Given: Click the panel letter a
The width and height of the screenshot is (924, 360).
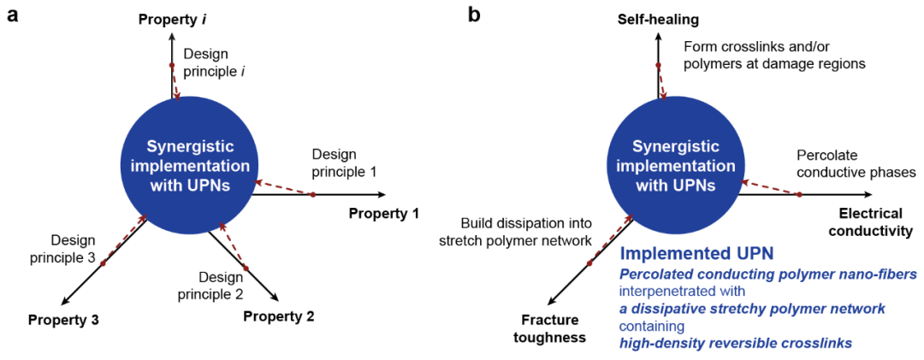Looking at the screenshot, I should pyautogui.click(x=13, y=17).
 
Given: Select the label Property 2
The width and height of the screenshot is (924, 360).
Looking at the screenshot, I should pyautogui.click(x=279, y=317).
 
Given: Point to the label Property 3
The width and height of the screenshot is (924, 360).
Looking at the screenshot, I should pyautogui.click(x=63, y=321).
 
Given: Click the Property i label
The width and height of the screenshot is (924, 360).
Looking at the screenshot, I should pyautogui.click(x=174, y=18).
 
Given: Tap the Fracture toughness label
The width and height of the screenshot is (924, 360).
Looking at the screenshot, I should pyautogui.click(x=549, y=329).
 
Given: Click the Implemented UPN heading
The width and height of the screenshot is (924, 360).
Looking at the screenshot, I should pyautogui.click(x=696, y=254).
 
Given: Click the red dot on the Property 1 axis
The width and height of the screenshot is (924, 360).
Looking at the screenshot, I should pyautogui.click(x=313, y=195).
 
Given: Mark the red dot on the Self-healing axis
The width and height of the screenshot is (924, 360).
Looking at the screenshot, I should pyautogui.click(x=659, y=65).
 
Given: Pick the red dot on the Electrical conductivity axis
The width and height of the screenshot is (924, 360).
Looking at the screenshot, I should pyautogui.click(x=800, y=195).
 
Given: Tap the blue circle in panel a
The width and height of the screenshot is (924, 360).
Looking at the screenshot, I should pyautogui.click(x=185, y=162).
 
